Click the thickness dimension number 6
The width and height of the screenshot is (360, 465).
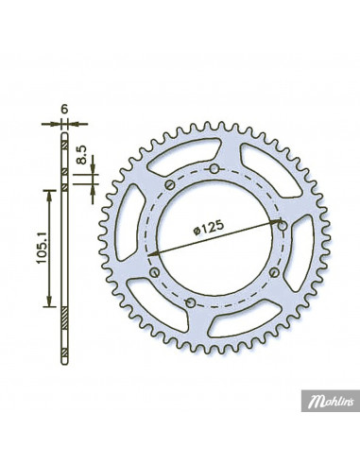tap(64, 110)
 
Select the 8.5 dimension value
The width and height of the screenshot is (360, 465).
tap(81, 155)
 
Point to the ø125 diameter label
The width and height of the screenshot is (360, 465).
tap(208, 228)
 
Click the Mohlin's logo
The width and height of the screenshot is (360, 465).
tap(331, 401)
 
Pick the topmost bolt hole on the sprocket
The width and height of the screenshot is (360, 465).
tap(214, 169)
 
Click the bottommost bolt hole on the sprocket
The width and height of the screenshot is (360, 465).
tap(190, 303)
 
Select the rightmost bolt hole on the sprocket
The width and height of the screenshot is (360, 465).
tap(283, 226)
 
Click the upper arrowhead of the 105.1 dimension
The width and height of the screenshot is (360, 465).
tap(49, 196)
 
